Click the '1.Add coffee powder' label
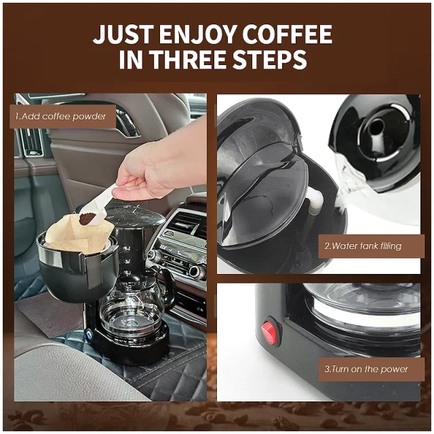coord(61,117)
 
